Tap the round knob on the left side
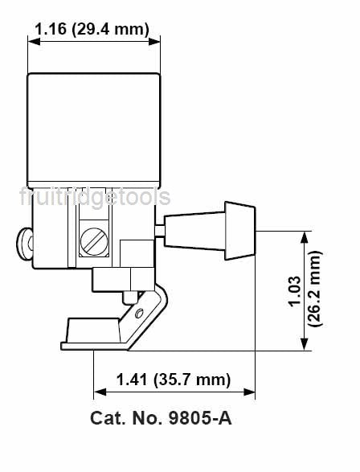24,244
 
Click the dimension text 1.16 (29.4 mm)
92,30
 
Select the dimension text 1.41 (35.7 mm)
174,380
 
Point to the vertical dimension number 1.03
294,291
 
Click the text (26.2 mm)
315,289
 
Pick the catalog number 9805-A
200,418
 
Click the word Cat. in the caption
108,418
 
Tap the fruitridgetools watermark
95,198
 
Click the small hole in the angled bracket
139,314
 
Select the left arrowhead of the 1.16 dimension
34,41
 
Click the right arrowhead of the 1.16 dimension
154,41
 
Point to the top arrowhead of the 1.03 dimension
305,237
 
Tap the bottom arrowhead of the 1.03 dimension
305,344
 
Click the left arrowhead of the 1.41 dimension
100,392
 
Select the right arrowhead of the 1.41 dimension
249,392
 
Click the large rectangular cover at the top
94,130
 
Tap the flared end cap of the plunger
240,231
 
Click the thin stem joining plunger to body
160,231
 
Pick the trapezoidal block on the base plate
93,330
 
